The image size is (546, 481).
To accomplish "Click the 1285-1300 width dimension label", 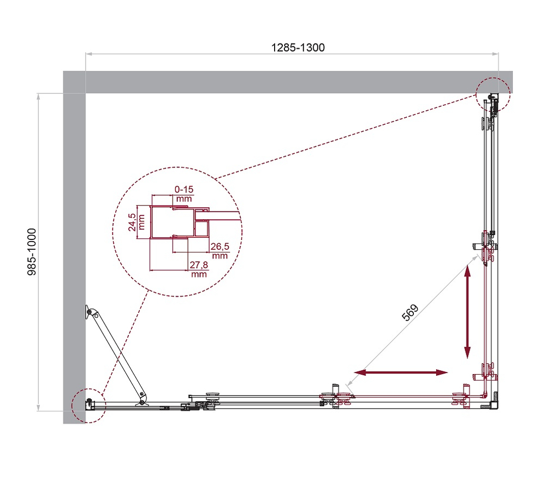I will click(298, 47).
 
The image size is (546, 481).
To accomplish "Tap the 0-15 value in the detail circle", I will click(184, 189).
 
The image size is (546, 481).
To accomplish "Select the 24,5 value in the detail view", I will click(133, 221).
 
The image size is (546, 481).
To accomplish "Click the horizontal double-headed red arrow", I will click(401, 372).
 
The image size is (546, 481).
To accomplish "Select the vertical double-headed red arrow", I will click(468, 311).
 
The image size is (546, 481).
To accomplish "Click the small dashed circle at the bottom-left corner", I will click(87, 405).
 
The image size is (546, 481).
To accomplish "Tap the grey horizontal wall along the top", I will click(284, 82).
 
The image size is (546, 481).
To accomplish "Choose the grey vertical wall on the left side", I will click(74, 245).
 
